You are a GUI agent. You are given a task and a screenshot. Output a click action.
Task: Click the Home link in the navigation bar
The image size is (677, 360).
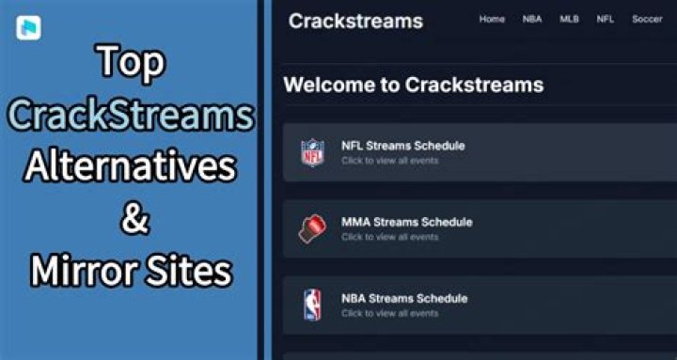[492, 20]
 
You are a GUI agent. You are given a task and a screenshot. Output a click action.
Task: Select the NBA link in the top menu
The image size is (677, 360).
[531, 20]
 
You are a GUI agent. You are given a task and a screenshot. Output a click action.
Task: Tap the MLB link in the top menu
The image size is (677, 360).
[569, 20]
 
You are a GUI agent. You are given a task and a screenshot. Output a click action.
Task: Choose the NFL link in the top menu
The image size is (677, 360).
[606, 20]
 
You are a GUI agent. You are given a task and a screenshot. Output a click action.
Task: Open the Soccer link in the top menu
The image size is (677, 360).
[647, 20]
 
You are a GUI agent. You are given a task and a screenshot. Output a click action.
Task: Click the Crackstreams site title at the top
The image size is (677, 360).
[355, 21]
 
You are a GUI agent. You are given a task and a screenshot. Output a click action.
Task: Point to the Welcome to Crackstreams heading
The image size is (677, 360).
[413, 85]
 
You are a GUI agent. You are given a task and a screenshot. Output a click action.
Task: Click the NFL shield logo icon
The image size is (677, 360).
[311, 152]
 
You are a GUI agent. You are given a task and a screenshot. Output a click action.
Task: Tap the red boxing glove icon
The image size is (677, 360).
[311, 228]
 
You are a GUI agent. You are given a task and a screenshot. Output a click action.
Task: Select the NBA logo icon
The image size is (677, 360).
[311, 305]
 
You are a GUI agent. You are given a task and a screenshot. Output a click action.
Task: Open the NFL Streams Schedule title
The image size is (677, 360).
[402, 146]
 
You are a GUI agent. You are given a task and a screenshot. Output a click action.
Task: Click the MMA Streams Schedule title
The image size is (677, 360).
[406, 223]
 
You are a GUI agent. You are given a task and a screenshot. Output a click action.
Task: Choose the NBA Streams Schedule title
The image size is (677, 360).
[404, 299]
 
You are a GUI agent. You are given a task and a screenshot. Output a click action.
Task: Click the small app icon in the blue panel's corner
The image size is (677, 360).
[25, 26]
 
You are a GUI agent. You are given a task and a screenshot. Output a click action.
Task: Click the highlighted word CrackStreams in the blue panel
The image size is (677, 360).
[131, 116]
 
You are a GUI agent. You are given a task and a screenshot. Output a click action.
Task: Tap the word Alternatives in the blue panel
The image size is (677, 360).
[131, 167]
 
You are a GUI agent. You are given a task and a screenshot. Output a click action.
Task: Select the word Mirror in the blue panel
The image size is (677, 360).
[80, 272]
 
